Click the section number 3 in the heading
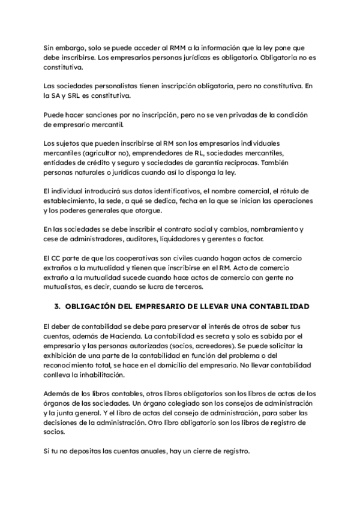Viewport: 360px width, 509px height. coord(56,306)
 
